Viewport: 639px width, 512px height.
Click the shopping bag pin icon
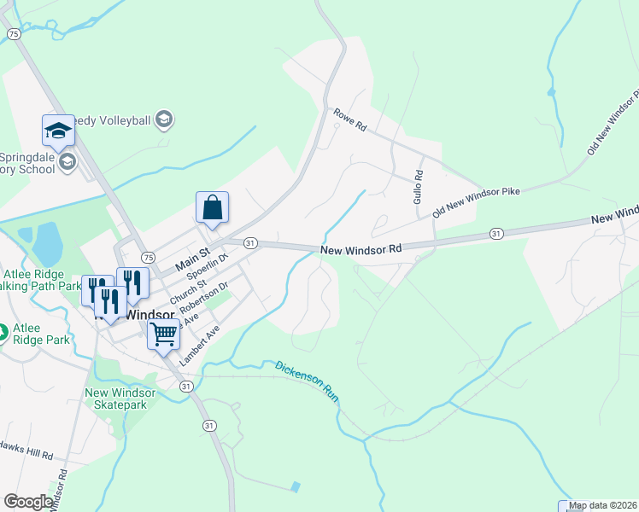(x=212, y=208)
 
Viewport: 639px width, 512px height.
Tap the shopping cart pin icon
(x=163, y=333)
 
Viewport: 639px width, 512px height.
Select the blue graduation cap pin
(x=58, y=131)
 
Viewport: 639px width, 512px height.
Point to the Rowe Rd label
(x=349, y=119)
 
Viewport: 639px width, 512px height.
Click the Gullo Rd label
(x=419, y=185)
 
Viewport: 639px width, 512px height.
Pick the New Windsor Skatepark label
(x=120, y=399)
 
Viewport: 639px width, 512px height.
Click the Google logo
(x=28, y=502)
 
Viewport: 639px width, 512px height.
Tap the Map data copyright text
(x=603, y=505)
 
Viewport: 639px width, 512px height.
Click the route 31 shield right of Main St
(x=250, y=243)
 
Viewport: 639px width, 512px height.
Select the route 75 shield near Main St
(x=148, y=257)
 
